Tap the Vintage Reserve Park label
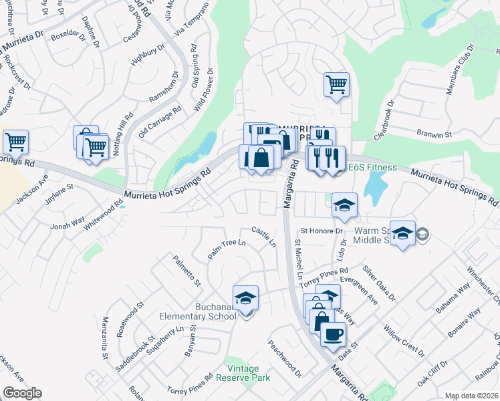tap(247, 373)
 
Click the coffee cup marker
tap(333, 334)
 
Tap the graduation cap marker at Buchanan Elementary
tap(246, 298)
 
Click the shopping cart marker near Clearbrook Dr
tap(336, 85)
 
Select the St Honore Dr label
tap(321, 231)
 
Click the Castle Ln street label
tap(264, 236)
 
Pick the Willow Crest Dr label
tap(404, 341)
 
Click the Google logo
tap(22, 393)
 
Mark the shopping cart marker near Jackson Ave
tap(15, 142)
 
